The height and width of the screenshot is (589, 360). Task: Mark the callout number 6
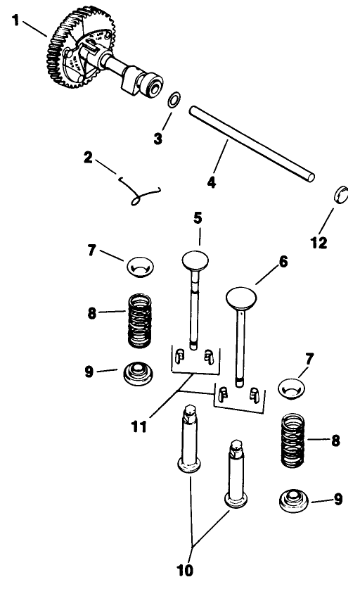pyautogui.click(x=283, y=261)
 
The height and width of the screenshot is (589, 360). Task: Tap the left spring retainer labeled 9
pyautogui.click(x=139, y=373)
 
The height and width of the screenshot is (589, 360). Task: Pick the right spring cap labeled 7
pyautogui.click(x=295, y=386)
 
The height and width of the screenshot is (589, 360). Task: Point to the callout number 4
pyautogui.click(x=210, y=182)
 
